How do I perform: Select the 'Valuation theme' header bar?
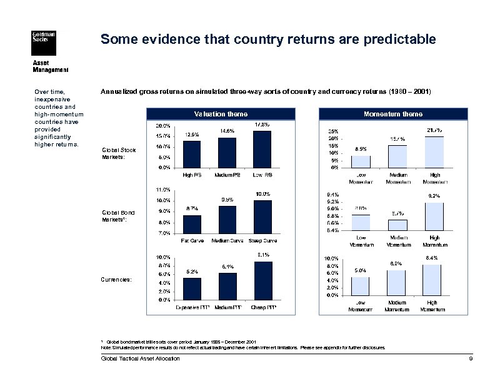(x=221, y=114)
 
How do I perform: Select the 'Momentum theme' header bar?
(x=392, y=114)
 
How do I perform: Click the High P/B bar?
(x=192, y=154)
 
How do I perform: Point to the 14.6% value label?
(x=227, y=131)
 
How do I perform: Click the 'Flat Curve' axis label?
(x=192, y=240)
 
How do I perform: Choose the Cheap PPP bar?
(x=262, y=280)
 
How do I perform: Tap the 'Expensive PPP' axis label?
(x=192, y=308)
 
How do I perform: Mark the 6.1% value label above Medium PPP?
(x=227, y=267)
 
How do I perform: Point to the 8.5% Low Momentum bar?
(x=361, y=161)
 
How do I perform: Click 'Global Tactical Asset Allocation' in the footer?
(x=140, y=359)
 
